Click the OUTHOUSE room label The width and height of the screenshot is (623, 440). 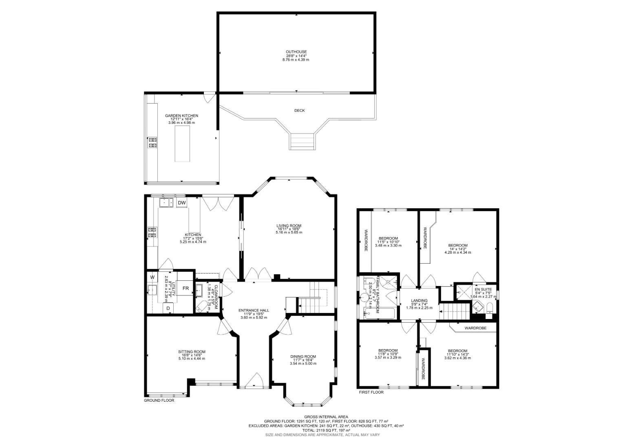coord(296,52)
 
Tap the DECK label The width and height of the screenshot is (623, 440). coord(299,110)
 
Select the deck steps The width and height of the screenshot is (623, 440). coord(303,141)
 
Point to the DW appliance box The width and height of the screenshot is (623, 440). coord(182,202)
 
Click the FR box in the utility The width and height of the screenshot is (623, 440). coord(185,288)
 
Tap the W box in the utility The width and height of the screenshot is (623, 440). coord(152,277)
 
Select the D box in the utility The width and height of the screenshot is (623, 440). coord(168,309)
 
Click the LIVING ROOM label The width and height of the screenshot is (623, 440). coord(289,226)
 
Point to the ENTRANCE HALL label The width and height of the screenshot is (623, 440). coord(254,310)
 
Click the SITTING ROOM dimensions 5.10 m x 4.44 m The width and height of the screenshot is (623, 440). coord(192,359)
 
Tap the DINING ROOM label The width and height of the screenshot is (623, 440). coord(303,356)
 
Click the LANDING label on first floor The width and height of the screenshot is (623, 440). coord(419,301)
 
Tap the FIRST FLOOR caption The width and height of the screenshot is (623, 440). coord(371,392)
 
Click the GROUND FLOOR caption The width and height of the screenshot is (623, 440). coord(159,400)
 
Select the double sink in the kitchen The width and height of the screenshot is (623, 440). coord(167,202)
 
